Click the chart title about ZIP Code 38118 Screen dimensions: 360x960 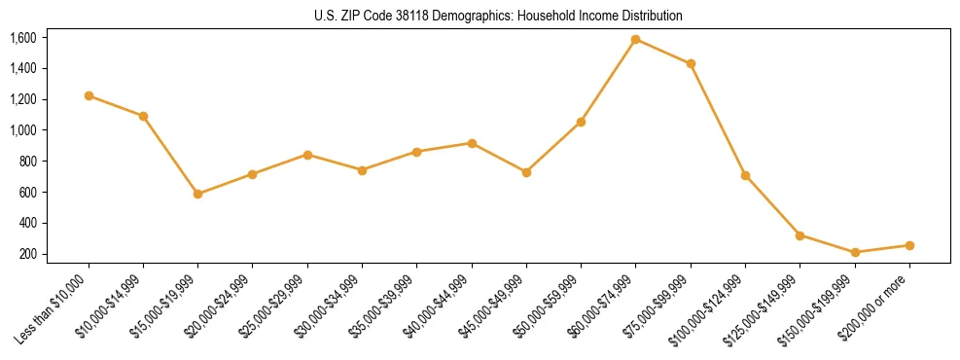tap(499, 17)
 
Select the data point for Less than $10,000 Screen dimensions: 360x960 tap(89, 95)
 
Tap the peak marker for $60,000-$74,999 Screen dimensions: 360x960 tap(635, 39)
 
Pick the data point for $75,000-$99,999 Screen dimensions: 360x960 tap(691, 64)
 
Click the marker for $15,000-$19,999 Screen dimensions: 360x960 tap(197, 194)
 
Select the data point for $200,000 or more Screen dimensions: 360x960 tap(909, 245)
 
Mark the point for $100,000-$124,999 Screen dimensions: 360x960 tap(745, 175)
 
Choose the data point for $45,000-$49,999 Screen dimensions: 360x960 tap(526, 172)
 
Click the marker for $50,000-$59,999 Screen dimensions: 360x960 tap(581, 122)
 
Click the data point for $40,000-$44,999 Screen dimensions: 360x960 tap(472, 143)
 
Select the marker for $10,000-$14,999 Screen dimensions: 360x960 tap(143, 116)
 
